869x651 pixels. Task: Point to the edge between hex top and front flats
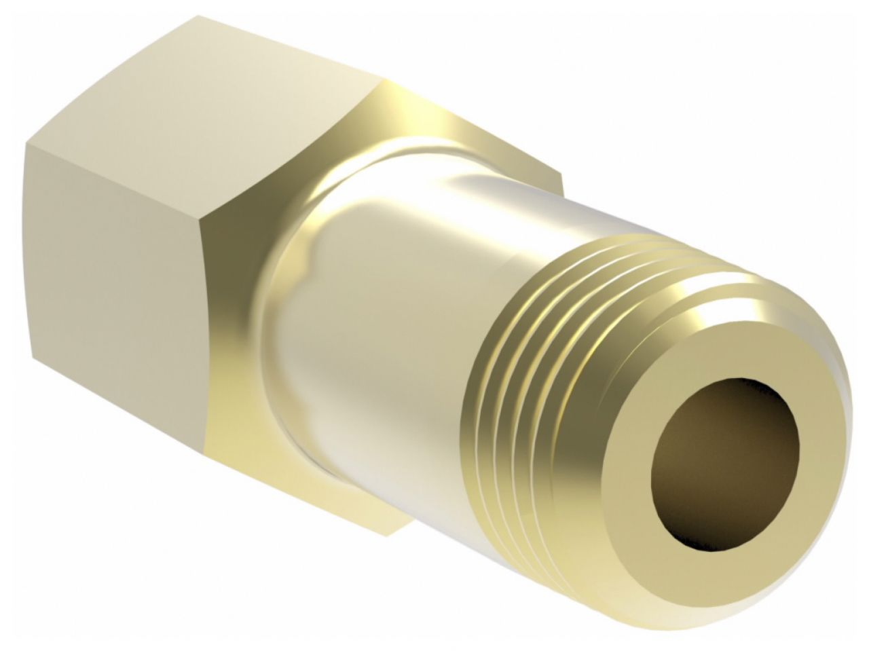(115, 183)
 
